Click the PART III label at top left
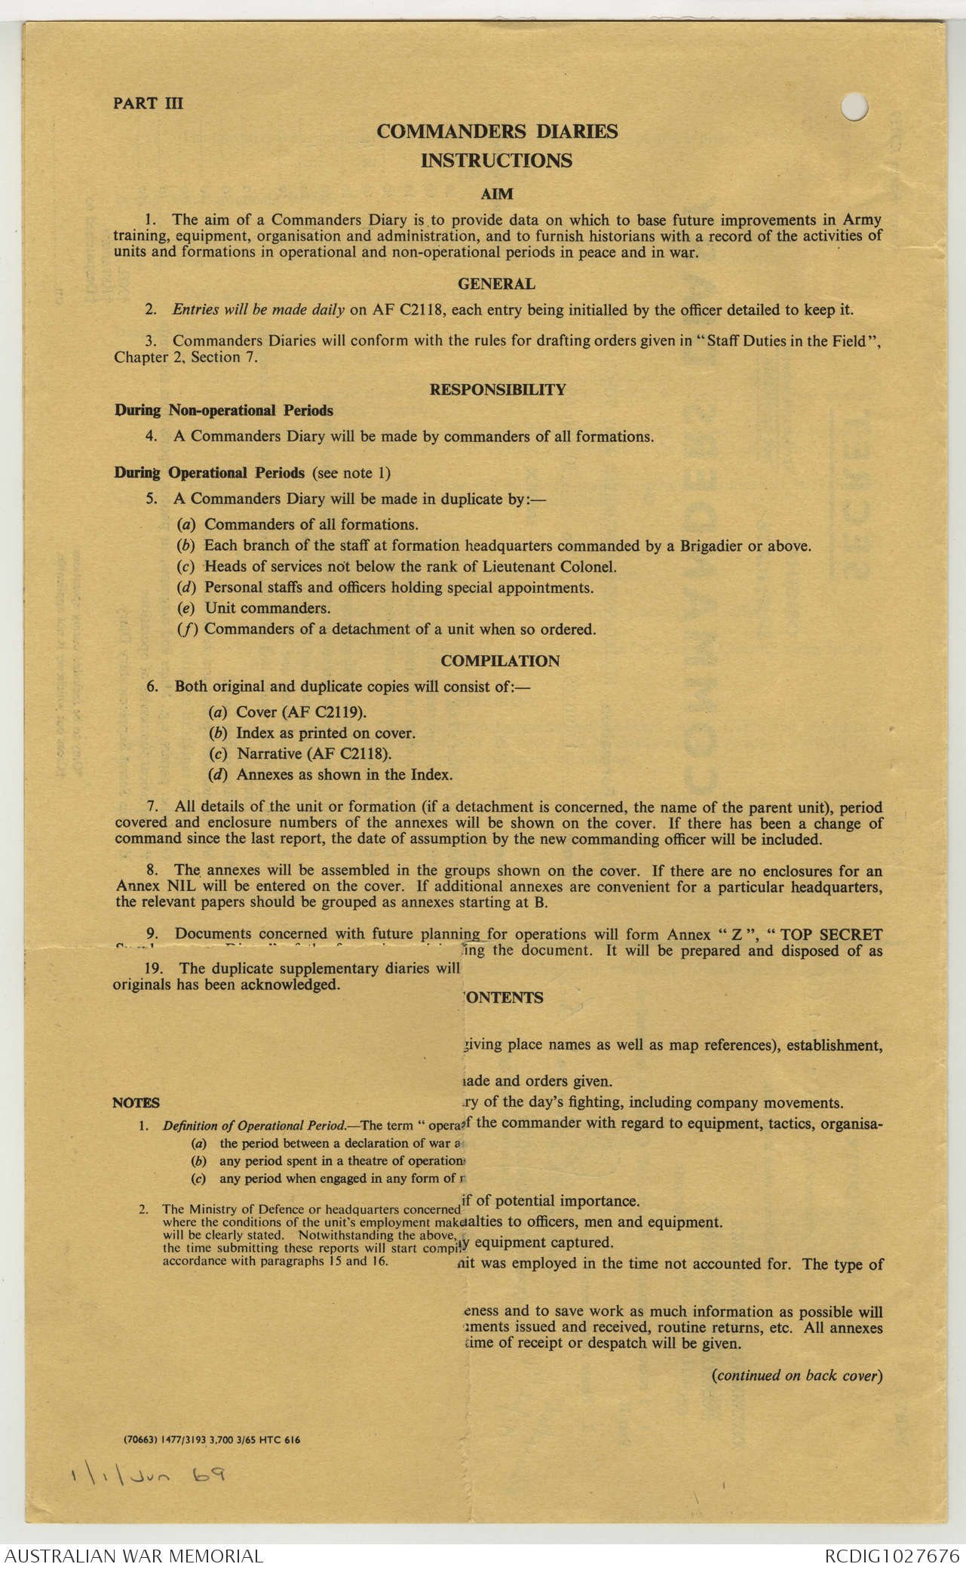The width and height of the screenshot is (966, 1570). pos(148,103)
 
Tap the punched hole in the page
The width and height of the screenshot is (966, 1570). pos(854,107)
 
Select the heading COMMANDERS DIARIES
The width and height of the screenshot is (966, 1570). pos(497,131)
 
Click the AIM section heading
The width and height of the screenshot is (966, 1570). pos(497,194)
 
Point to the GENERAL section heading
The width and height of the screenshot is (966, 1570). pos(497,284)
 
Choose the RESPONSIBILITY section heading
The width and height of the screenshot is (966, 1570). pos(498,390)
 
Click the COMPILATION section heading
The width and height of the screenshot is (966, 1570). pos(500,661)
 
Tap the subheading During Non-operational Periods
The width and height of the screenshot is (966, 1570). pos(224,411)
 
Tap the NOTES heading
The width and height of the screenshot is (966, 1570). pos(136,1103)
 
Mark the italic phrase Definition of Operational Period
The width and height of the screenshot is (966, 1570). pos(255,1126)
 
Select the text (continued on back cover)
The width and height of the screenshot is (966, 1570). pos(797,1375)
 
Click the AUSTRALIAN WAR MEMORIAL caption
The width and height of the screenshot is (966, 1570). pos(134,1556)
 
